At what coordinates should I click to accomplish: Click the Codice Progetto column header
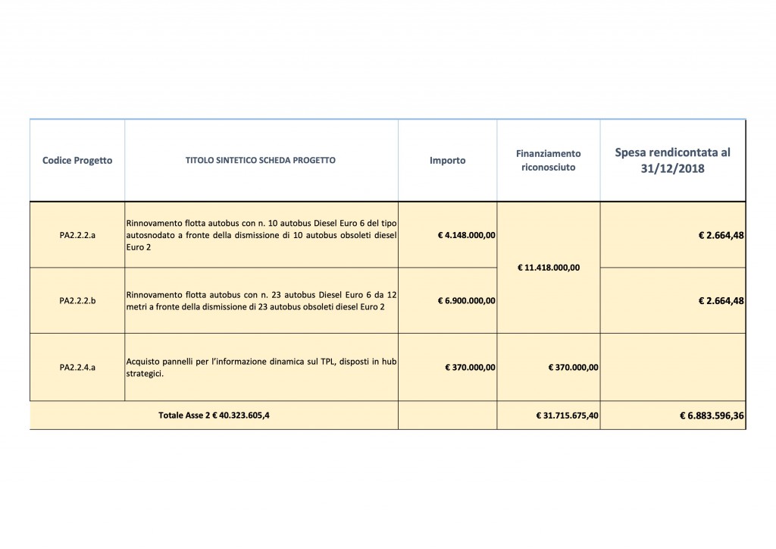click(77, 161)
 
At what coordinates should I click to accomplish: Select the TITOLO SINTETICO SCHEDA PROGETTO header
click(261, 161)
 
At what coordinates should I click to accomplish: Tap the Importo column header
click(447, 161)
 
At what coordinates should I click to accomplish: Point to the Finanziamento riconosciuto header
click(549, 160)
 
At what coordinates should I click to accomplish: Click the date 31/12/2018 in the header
click(673, 169)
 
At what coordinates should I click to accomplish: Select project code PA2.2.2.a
click(77, 235)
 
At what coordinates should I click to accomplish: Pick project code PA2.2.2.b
click(77, 300)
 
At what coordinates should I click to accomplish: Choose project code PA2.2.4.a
click(77, 367)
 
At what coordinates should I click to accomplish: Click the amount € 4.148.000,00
click(466, 235)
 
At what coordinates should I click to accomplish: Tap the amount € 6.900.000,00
click(466, 300)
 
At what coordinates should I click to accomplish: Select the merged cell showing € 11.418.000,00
click(548, 267)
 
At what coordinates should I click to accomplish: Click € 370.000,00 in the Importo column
click(471, 367)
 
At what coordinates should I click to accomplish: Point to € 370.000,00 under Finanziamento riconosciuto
click(573, 367)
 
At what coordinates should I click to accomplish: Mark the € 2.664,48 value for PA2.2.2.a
click(721, 235)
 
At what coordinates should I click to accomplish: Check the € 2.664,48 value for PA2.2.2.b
click(721, 300)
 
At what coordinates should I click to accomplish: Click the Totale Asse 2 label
click(214, 416)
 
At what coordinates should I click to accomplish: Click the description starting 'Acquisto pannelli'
click(261, 367)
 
